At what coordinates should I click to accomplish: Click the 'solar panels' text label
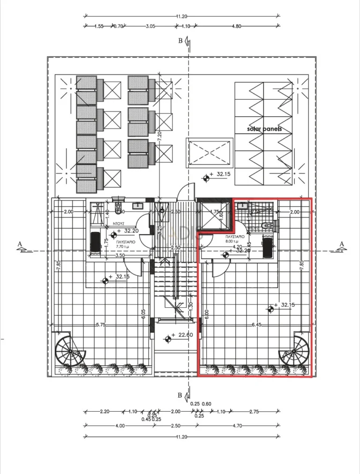(x=265, y=128)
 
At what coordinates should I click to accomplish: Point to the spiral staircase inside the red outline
(x=294, y=351)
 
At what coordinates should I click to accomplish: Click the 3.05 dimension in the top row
(x=150, y=27)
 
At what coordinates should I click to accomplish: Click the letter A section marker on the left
(x=19, y=244)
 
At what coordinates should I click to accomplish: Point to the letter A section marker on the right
(x=342, y=244)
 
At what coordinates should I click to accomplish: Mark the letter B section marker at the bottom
(x=180, y=395)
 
